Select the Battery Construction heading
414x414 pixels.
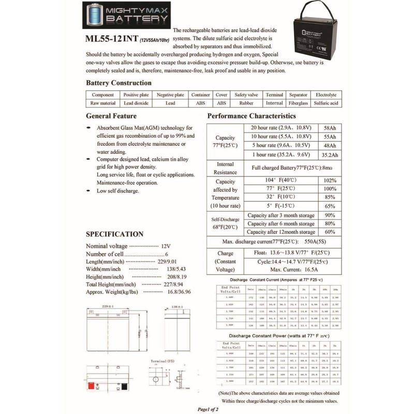point(119,83)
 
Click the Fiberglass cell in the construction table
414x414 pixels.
point(298,103)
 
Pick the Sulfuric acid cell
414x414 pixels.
point(326,103)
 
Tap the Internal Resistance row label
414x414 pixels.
point(226,168)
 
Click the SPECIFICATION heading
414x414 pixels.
point(114,234)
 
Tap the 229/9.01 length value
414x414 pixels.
point(167,262)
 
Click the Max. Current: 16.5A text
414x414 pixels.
point(293,270)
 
